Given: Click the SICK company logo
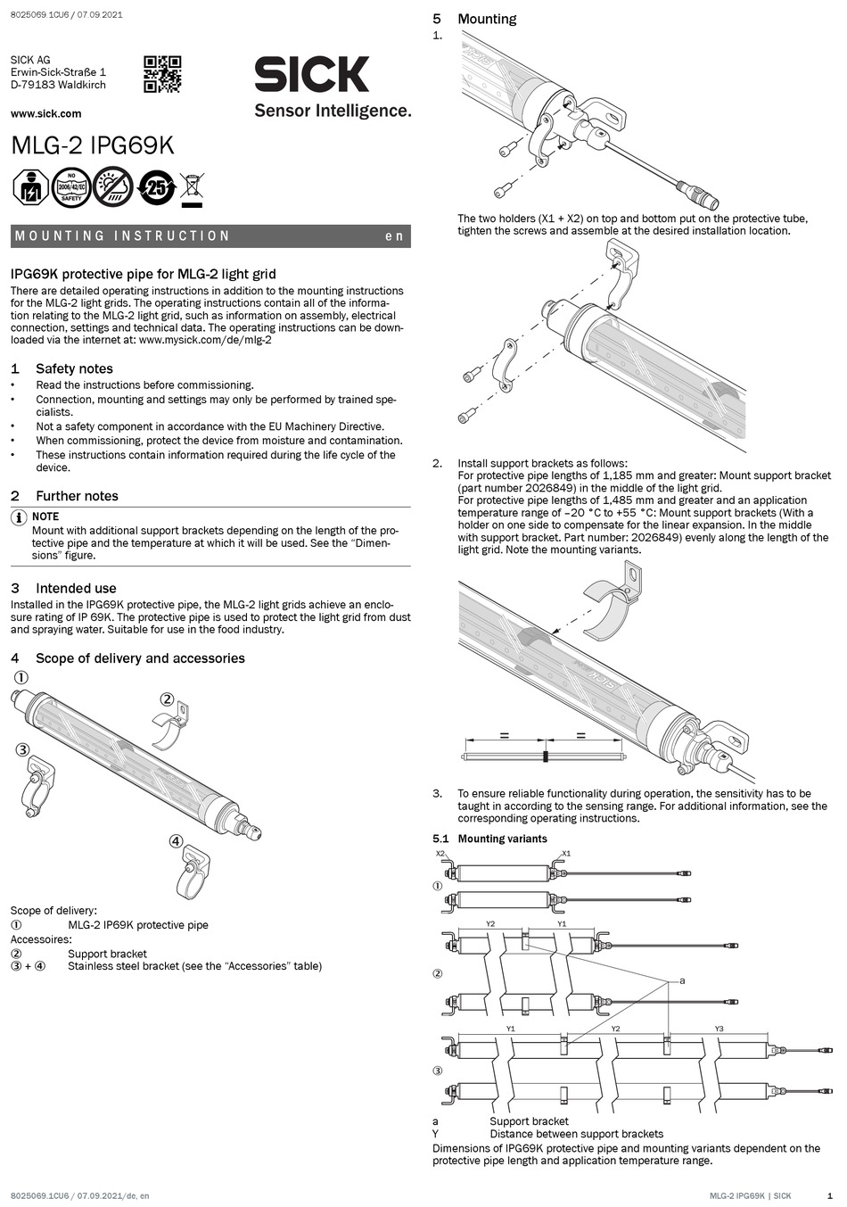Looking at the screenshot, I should point(311,74).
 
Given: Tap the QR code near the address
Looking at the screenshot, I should point(162,74).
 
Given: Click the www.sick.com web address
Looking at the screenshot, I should point(45,113).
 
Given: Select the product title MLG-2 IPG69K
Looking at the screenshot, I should point(92,145).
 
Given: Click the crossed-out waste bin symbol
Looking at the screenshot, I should point(192,188).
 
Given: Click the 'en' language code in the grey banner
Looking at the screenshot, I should point(394,236).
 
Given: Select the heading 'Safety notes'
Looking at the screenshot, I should point(74,368).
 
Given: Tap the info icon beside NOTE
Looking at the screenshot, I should point(18,518).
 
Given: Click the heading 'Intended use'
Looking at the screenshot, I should point(76,588).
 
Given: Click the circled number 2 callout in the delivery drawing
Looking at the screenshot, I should point(166,699).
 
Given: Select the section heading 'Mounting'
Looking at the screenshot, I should point(486,19).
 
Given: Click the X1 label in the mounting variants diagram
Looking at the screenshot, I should point(565,854).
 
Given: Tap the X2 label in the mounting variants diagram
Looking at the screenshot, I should point(440,854).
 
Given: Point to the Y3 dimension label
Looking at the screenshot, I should point(720,1029).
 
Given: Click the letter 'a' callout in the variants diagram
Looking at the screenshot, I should point(682,980).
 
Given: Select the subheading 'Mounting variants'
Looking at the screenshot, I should point(502,839).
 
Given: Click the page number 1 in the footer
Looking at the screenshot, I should point(829,1195).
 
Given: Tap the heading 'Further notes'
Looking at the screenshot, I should point(77,496).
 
